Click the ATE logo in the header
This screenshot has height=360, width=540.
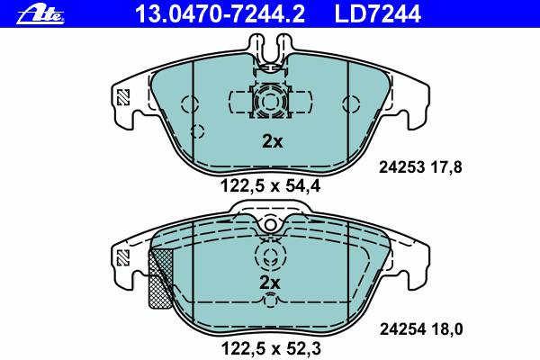click(40, 14)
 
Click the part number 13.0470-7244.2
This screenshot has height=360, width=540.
click(220, 14)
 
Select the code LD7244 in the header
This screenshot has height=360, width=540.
click(378, 14)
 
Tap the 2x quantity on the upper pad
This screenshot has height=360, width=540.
click(272, 141)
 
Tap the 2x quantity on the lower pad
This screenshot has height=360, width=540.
click(270, 283)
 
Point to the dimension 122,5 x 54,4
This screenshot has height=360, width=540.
click(270, 186)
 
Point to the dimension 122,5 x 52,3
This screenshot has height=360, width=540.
click(271, 348)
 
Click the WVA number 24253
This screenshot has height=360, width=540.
click(401, 167)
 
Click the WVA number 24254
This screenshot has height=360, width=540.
click(402, 329)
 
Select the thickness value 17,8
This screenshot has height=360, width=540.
click(446, 168)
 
